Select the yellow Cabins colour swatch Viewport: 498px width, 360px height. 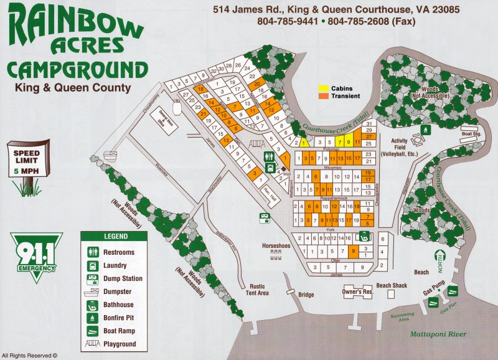click(324, 88)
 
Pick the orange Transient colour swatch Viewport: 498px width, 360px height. click(324, 97)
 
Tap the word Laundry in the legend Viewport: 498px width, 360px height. click(118, 265)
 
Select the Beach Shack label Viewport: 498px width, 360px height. click(391, 285)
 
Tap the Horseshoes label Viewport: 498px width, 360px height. click(276, 246)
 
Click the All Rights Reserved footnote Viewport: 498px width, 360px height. click(34, 355)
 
